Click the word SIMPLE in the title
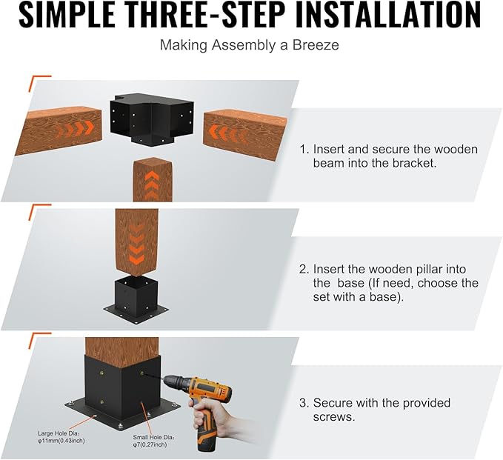[x=67, y=14]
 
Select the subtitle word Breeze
[x=316, y=45]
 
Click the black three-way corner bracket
[x=152, y=118]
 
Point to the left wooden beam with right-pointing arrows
[x=59, y=130]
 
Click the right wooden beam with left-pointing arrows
[x=245, y=134]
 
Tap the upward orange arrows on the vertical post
[x=153, y=185]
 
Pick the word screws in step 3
[x=334, y=417]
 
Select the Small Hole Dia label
[x=154, y=437]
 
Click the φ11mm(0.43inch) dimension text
[x=61, y=441]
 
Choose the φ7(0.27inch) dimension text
[x=150, y=444]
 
